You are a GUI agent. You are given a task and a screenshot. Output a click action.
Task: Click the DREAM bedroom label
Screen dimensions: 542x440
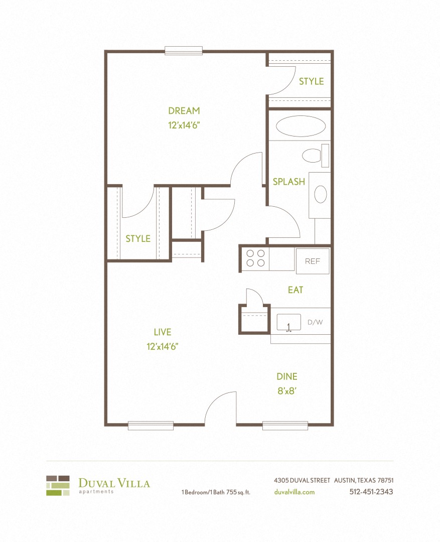coord(184,111)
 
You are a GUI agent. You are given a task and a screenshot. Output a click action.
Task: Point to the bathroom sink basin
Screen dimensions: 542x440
coord(320,194)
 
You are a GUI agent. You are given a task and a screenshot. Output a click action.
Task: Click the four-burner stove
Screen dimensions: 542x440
coord(254,258)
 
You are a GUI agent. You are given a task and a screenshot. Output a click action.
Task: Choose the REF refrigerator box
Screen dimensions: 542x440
coord(313,261)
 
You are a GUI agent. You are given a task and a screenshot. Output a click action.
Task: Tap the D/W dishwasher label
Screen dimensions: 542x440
coord(315,322)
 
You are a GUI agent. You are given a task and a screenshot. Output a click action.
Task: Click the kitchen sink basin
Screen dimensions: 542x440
coord(288,322)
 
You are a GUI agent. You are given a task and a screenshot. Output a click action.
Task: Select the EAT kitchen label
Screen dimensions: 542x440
coord(296,290)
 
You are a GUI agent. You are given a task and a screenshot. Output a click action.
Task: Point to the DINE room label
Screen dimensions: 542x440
coord(287,376)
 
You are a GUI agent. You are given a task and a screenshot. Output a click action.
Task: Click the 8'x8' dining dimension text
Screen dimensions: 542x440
coord(287,391)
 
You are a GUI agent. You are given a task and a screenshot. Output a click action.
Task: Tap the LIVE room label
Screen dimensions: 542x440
coord(163,332)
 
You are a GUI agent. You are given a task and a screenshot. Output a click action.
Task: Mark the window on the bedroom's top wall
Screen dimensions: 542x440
coord(184,51)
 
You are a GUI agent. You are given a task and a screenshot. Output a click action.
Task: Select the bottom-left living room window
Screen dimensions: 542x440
coord(151,426)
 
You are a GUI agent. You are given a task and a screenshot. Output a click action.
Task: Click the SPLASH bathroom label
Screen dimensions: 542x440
coord(288,182)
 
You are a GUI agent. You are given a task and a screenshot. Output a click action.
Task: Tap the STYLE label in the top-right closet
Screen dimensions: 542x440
coord(311,81)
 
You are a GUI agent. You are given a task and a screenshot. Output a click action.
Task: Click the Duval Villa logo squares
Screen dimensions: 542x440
coord(58,485)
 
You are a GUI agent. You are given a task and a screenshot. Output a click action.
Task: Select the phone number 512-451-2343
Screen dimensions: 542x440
coord(371,492)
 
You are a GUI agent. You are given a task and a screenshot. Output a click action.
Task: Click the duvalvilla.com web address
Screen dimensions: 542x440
coord(295,492)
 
